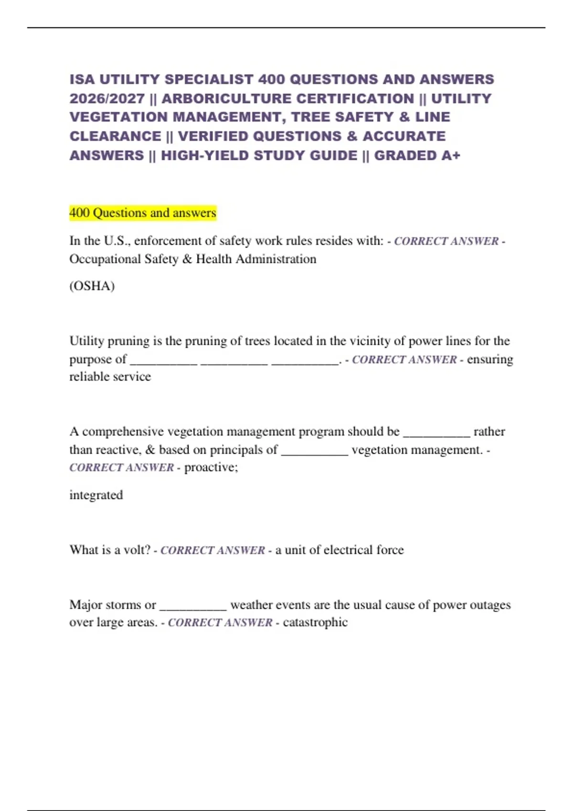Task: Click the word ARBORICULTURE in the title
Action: pyautogui.click(x=288, y=99)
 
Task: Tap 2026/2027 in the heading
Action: pyautogui.click(x=107, y=99)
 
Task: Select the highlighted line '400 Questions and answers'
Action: pyautogui.click(x=143, y=213)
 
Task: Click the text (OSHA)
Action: pyautogui.click(x=92, y=286)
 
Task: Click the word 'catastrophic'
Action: pyautogui.click(x=315, y=623)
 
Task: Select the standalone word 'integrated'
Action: pyautogui.click(x=96, y=495)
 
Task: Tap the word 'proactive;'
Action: pyautogui.click(x=211, y=468)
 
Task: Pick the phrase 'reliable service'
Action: pyautogui.click(x=110, y=377)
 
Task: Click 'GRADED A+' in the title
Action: pyautogui.click(x=417, y=156)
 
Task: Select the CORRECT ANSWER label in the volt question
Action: pyautogui.click(x=212, y=551)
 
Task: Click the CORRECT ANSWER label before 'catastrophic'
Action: pyautogui.click(x=220, y=623)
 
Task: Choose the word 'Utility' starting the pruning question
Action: pyautogui.click(x=87, y=341)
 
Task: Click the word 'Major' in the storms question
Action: pyautogui.click(x=87, y=605)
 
